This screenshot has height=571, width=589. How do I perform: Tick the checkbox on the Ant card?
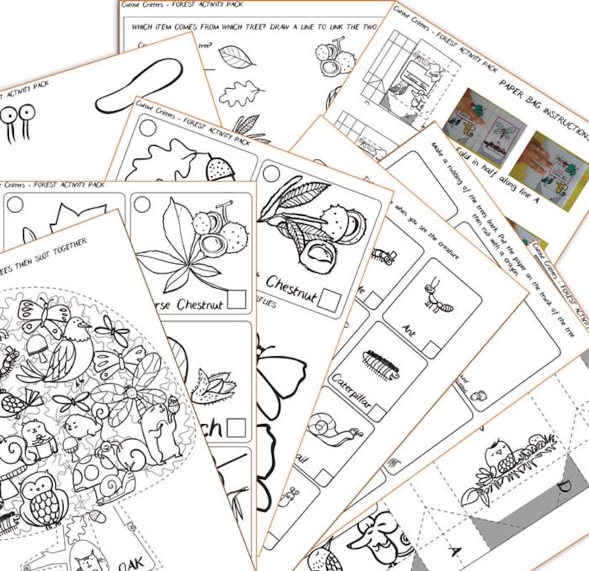(431, 347)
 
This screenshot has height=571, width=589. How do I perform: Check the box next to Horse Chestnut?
(237, 299)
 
